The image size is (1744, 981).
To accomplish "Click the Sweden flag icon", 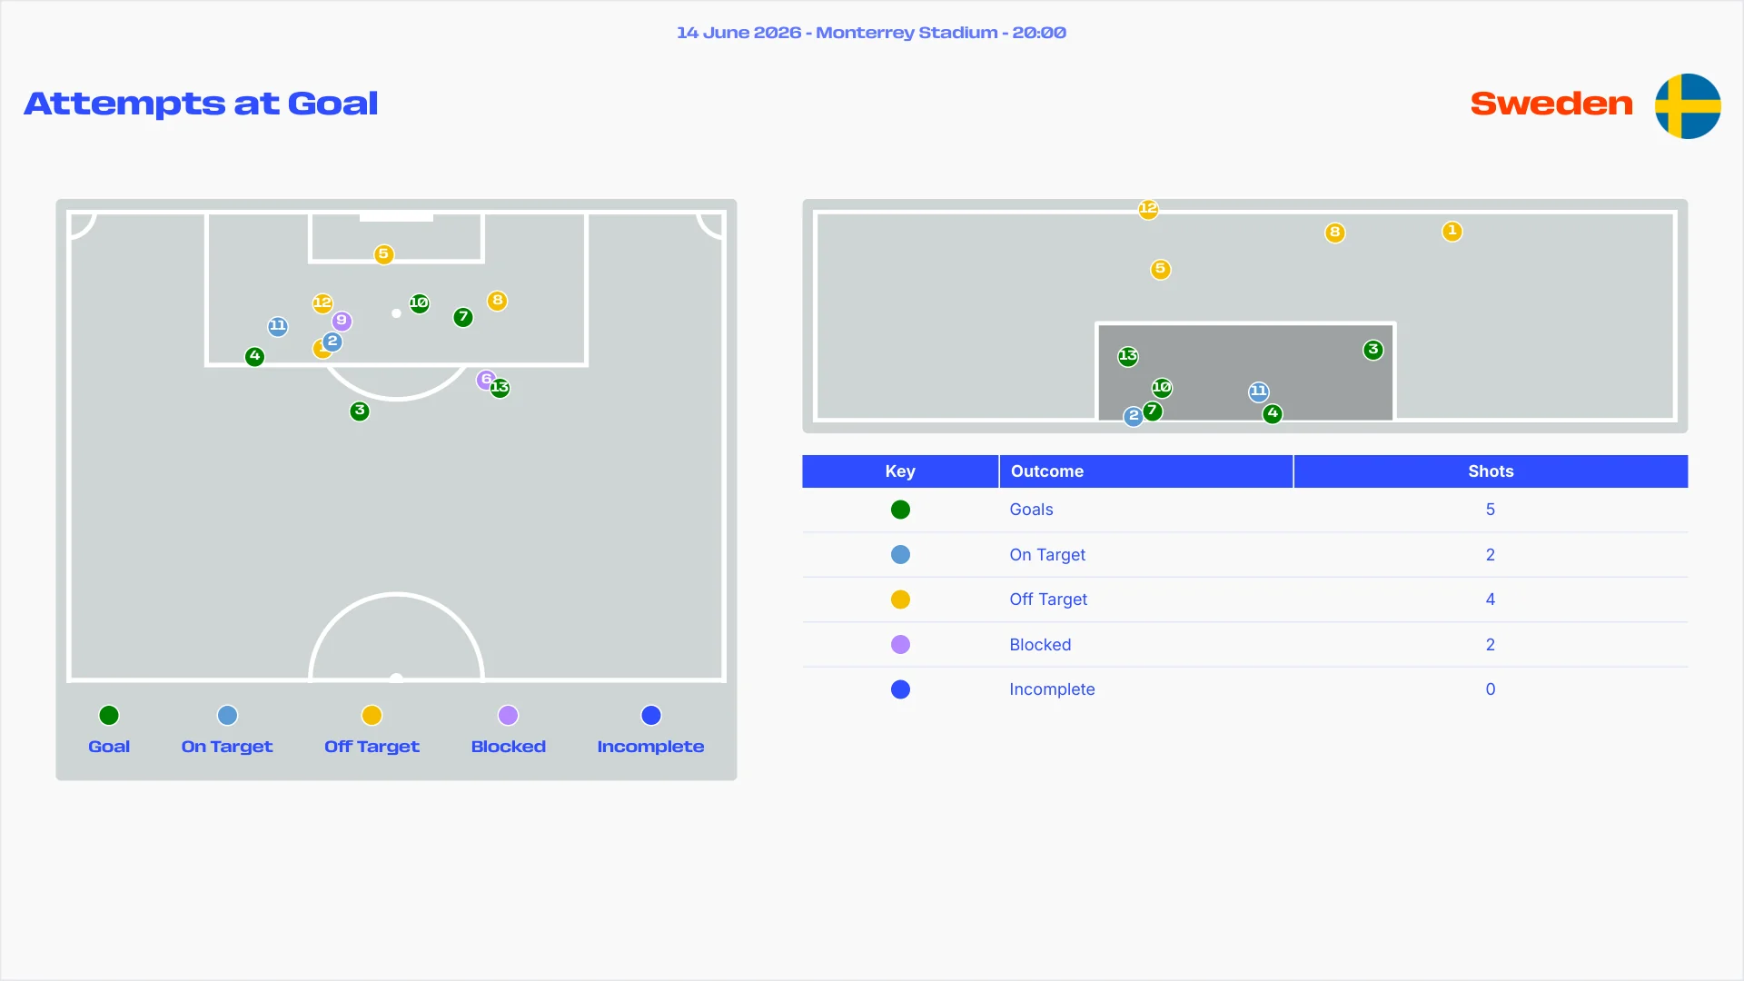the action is (x=1688, y=105).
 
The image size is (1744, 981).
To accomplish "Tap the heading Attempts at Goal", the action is (x=201, y=104).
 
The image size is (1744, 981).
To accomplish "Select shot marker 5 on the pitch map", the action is (x=384, y=254).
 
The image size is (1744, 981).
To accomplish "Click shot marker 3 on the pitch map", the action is (x=360, y=411).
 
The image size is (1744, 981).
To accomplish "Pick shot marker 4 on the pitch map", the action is (x=255, y=357).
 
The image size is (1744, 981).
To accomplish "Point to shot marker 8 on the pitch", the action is (x=497, y=301).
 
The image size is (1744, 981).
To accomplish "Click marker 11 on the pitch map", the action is (x=278, y=326).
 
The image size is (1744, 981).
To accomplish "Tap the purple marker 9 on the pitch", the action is (x=342, y=321).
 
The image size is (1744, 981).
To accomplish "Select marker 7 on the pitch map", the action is (x=463, y=317).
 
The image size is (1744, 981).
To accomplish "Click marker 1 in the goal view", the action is (x=1452, y=232).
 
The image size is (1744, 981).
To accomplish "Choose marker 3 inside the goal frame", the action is (x=1373, y=350).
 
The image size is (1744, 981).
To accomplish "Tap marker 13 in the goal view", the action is (x=1128, y=356).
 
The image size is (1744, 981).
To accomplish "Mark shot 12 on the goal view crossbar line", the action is (x=1148, y=209).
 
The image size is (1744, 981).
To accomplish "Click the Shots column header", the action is (x=1491, y=471).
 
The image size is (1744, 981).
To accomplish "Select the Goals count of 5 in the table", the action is (x=1491, y=510).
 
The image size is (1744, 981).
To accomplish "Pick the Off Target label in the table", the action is (x=1048, y=599).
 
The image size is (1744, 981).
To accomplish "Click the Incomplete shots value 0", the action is (x=1491, y=689).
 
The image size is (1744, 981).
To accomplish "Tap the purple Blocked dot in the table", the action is (x=901, y=645).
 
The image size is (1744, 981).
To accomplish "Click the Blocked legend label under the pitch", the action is (x=509, y=747).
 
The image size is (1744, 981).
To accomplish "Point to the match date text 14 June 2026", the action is (x=739, y=33).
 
